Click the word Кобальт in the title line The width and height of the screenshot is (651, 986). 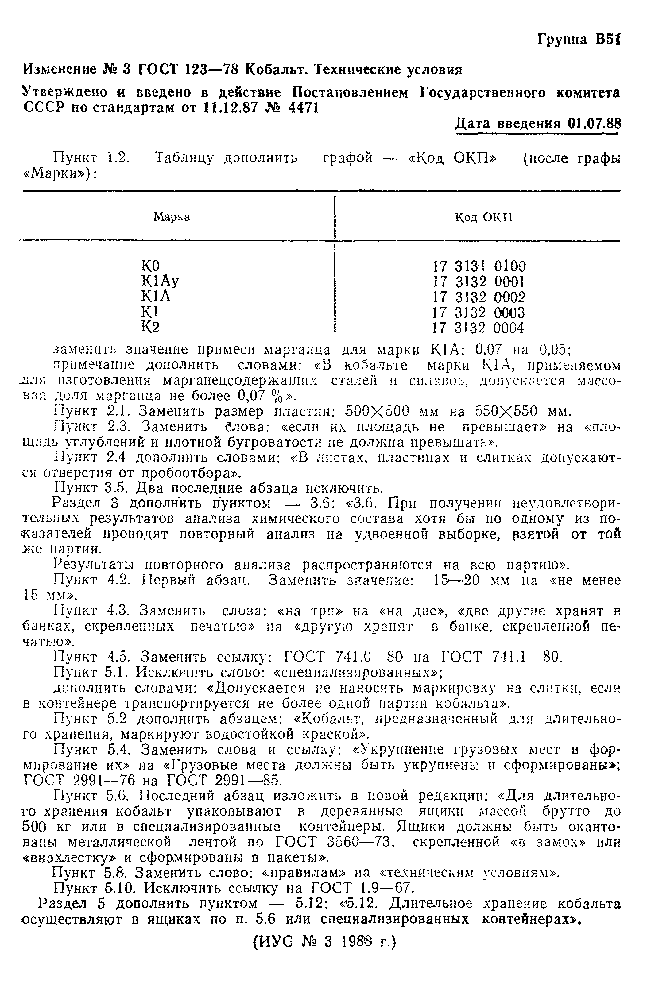[277, 69]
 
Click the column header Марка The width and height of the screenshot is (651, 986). [172, 217]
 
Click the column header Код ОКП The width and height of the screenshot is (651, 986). [484, 217]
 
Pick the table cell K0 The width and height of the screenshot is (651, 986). [151, 265]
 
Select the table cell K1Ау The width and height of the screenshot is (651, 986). [160, 281]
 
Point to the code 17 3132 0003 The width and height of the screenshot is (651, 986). [478, 312]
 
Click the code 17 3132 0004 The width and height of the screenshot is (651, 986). [478, 328]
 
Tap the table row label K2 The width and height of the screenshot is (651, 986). [150, 328]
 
